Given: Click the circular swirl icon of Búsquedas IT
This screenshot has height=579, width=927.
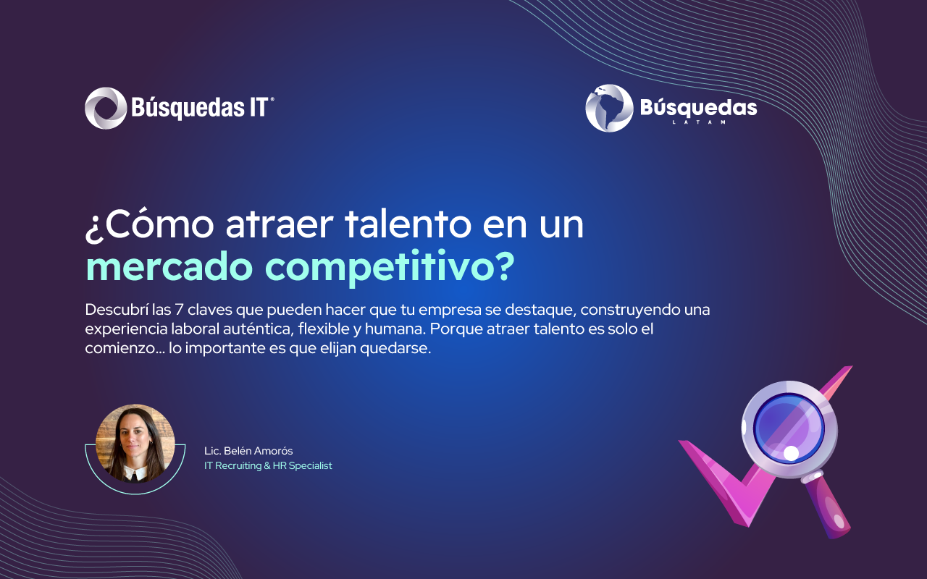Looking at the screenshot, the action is coord(106,108).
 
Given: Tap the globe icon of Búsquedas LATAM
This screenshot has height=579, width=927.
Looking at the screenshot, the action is coord(609,109).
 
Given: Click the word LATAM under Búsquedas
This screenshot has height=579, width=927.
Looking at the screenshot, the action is coord(700,122).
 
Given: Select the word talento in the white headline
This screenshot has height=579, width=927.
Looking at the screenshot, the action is coord(408,224).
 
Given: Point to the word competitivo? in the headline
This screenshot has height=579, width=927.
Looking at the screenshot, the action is coord(390,268).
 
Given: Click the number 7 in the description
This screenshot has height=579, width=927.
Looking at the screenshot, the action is coord(179,310).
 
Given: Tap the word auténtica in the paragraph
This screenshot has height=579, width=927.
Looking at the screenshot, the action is coord(259,329).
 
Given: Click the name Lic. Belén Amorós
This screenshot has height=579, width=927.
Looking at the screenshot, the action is coord(248,451).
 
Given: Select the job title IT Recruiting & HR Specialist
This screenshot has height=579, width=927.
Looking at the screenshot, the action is coord(268,465).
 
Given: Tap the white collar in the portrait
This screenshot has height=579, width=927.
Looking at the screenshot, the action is coord(135,473).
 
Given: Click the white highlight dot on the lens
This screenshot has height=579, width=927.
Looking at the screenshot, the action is coord(791,453).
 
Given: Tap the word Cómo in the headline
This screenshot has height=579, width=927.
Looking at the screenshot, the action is coord(162,224).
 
